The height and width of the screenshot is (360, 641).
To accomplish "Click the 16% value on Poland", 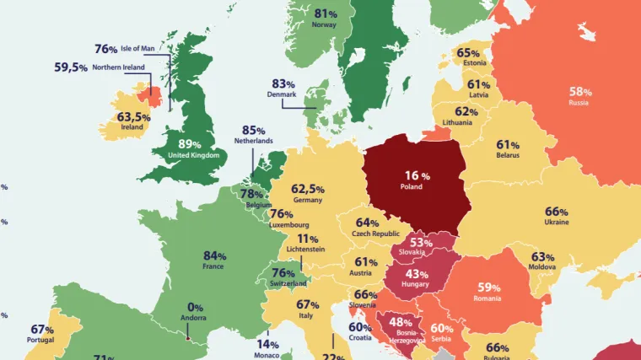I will [412, 175].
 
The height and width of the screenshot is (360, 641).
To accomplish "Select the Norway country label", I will [324, 25].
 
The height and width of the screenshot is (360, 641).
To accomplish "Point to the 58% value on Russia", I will [580, 91].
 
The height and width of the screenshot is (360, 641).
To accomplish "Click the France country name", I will [213, 266].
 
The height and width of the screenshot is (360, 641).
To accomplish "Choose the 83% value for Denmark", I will [283, 84].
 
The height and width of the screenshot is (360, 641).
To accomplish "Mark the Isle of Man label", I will [139, 50].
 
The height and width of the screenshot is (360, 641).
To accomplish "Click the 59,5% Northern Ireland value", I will [71, 67].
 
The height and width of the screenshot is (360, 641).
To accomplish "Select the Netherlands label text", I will [254, 141].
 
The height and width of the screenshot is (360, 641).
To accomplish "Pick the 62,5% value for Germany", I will [308, 189].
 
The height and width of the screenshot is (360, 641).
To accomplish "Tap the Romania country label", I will [487, 298].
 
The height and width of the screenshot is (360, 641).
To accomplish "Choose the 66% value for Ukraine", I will [557, 212].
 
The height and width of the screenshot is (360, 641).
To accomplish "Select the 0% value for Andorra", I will [195, 308].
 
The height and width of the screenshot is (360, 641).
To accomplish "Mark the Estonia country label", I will [473, 62].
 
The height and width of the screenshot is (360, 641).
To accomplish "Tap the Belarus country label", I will [508, 155].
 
